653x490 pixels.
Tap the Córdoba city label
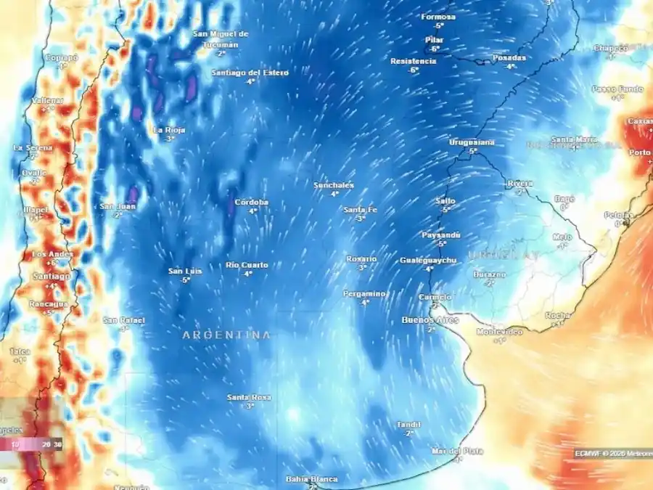251,203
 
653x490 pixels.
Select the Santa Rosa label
249,397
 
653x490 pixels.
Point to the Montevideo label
499,331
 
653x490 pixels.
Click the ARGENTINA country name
226,335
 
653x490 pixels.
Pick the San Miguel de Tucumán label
221,38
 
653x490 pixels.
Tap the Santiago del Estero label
250,73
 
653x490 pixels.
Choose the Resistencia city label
413,61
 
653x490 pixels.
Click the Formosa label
438,16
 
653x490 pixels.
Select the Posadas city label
509,57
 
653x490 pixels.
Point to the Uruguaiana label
472,142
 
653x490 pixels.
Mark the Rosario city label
361,258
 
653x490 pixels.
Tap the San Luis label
185,271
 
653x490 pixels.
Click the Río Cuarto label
247,265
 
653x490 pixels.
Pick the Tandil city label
408,424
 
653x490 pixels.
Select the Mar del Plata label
457,451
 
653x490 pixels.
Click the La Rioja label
169,130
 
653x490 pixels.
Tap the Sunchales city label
334,185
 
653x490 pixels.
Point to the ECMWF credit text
588,453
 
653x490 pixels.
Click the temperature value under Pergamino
365,302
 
